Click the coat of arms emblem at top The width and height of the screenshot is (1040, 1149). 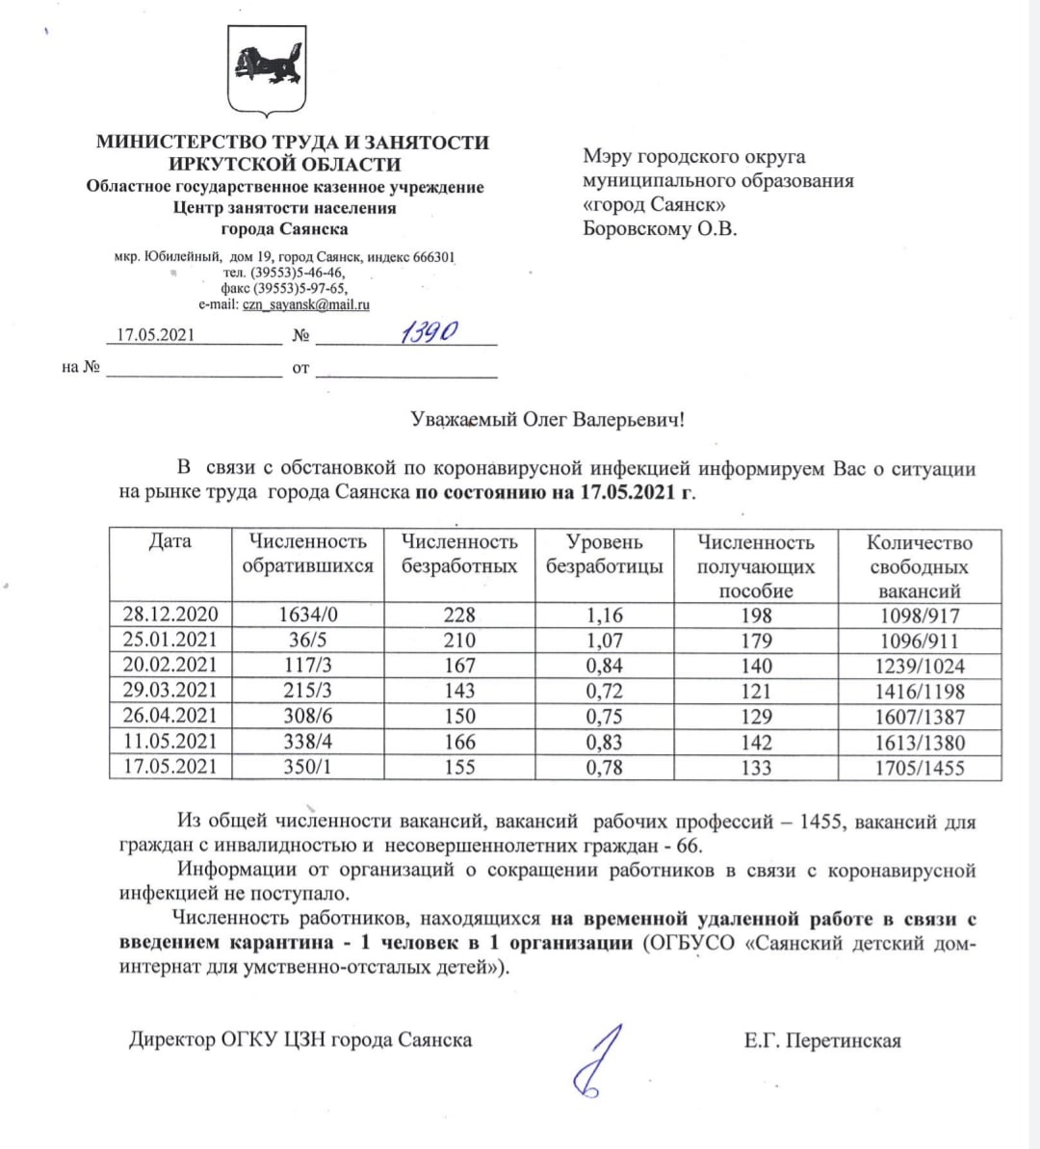pos(267,69)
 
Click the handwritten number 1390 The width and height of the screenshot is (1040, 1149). pos(429,333)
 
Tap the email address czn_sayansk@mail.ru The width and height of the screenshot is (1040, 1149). pos(305,304)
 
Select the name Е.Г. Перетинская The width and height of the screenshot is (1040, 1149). pos(822,1040)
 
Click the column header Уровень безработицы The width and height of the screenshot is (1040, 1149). pos(604,555)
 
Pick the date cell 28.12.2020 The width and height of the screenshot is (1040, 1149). pos(170,614)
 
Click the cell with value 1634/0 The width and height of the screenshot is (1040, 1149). pos(308,614)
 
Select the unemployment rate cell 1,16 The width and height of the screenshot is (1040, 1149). pos(604,614)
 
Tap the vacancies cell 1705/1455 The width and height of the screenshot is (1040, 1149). pos(919,768)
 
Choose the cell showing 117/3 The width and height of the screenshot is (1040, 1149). pos(308,665)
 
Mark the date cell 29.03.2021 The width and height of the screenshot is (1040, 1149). pos(170,691)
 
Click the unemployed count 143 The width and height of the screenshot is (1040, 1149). pos(459,691)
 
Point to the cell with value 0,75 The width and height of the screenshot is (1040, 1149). pos(604,717)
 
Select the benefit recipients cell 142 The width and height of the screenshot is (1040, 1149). pos(756,742)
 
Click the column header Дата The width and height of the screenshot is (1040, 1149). pos(170,541)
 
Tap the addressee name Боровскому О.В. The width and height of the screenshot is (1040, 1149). pos(660,229)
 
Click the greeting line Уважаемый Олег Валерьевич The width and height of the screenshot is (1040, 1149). pos(547,419)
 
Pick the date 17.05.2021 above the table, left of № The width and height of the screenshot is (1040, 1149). pos(155,335)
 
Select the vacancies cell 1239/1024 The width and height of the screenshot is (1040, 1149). pos(919,666)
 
